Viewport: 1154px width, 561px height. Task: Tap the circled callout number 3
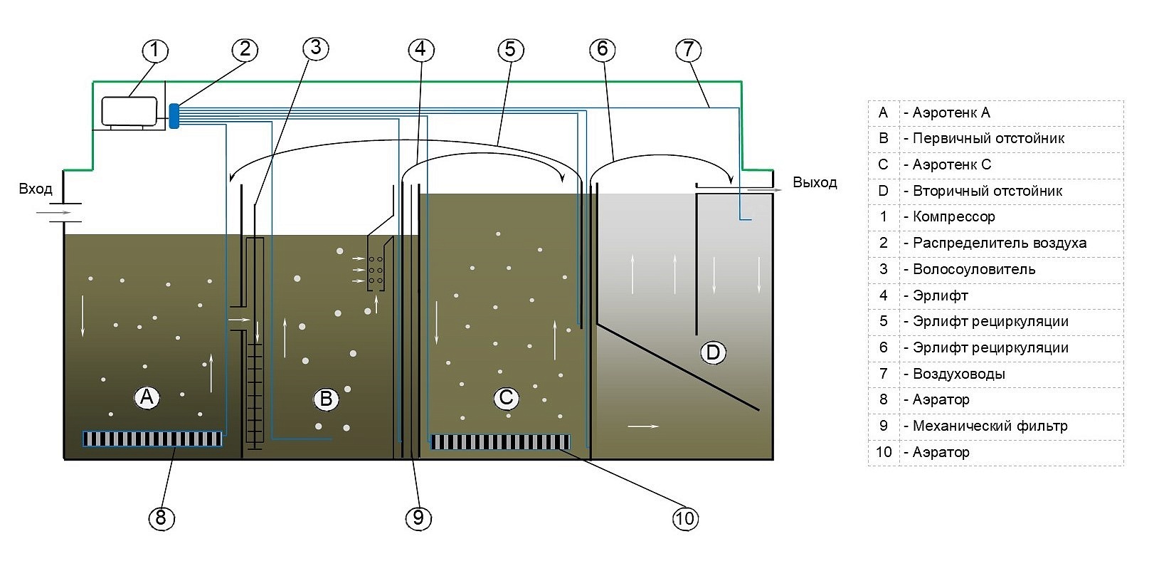tap(315, 48)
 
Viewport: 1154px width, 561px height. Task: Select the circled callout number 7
tap(688, 50)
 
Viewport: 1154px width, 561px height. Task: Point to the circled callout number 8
tap(162, 518)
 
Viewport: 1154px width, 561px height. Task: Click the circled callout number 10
tap(685, 518)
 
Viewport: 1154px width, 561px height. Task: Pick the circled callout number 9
tap(418, 518)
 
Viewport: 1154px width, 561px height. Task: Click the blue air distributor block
tap(174, 116)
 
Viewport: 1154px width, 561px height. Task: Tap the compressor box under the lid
tap(129, 111)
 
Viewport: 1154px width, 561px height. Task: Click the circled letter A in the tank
tap(147, 397)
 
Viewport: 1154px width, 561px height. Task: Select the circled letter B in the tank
tap(326, 399)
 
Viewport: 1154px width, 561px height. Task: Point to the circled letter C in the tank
tap(506, 397)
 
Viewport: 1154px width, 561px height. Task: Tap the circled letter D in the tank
tap(713, 352)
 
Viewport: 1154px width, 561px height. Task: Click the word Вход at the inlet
tap(36, 189)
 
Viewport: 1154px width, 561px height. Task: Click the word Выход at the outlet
tap(815, 182)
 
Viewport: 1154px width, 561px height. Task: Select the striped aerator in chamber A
tap(152, 439)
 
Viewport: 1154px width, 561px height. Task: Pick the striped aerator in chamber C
tap(500, 442)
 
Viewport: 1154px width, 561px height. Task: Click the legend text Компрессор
tap(953, 216)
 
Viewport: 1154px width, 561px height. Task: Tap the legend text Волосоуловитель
tap(974, 269)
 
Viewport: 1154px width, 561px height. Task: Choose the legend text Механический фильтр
tap(990, 426)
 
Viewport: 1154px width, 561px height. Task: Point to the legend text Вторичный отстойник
tap(987, 191)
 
